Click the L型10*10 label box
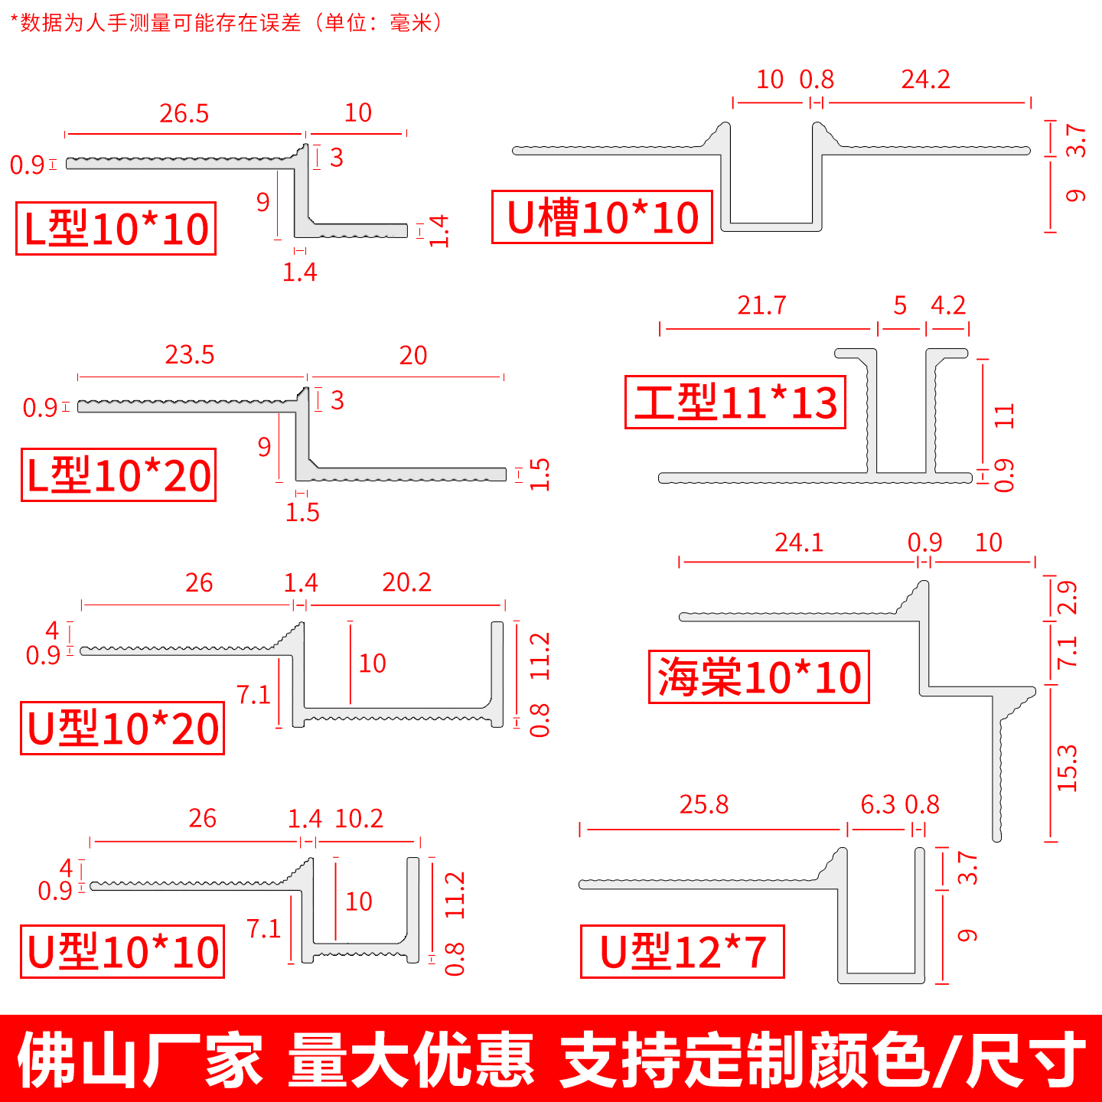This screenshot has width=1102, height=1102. coord(116,229)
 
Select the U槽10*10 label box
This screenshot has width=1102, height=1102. coord(602,217)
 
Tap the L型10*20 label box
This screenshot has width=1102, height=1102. coord(119,475)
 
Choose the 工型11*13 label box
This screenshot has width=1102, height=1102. coord(735,403)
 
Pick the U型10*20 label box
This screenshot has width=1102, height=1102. coord(122,728)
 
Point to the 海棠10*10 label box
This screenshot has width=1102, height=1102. coord(759,677)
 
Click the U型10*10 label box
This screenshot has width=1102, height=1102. coord(122,952)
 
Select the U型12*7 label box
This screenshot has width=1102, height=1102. coord(683,952)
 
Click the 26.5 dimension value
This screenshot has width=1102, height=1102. coord(184,114)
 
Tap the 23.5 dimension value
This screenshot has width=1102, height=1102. coord(190,356)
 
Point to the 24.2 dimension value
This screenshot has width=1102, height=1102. coord(925,80)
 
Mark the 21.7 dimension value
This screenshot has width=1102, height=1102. coord(761,306)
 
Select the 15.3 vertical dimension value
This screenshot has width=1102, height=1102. coord(1066,768)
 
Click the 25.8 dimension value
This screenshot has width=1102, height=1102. coord(704,805)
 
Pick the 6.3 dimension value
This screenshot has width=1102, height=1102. coord(878,805)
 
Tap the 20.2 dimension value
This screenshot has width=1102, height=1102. coord(406,583)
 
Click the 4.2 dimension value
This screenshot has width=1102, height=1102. coord(948,306)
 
